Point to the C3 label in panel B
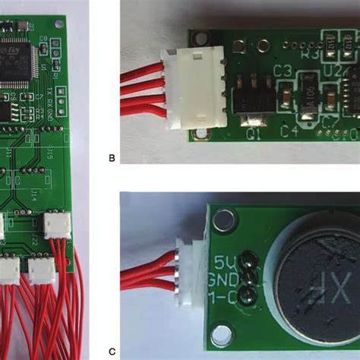point(283,71)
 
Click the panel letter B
point(112,158)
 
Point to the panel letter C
point(112,351)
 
